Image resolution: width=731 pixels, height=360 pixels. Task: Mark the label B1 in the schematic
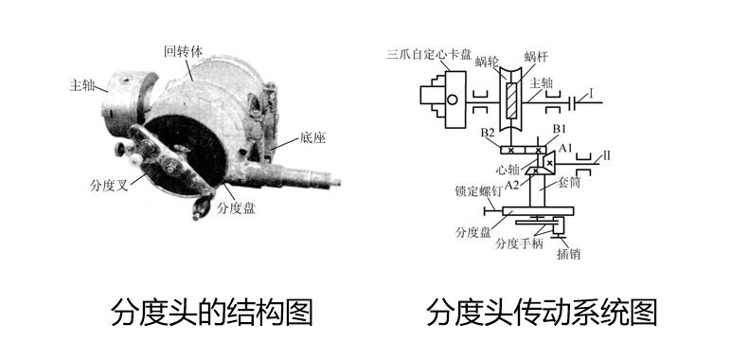pos(559,128)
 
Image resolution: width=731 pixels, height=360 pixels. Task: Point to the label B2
pos(489,132)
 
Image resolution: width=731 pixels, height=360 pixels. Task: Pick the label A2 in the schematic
pos(512,183)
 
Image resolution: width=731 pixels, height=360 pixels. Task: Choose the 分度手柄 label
pos(520,243)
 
